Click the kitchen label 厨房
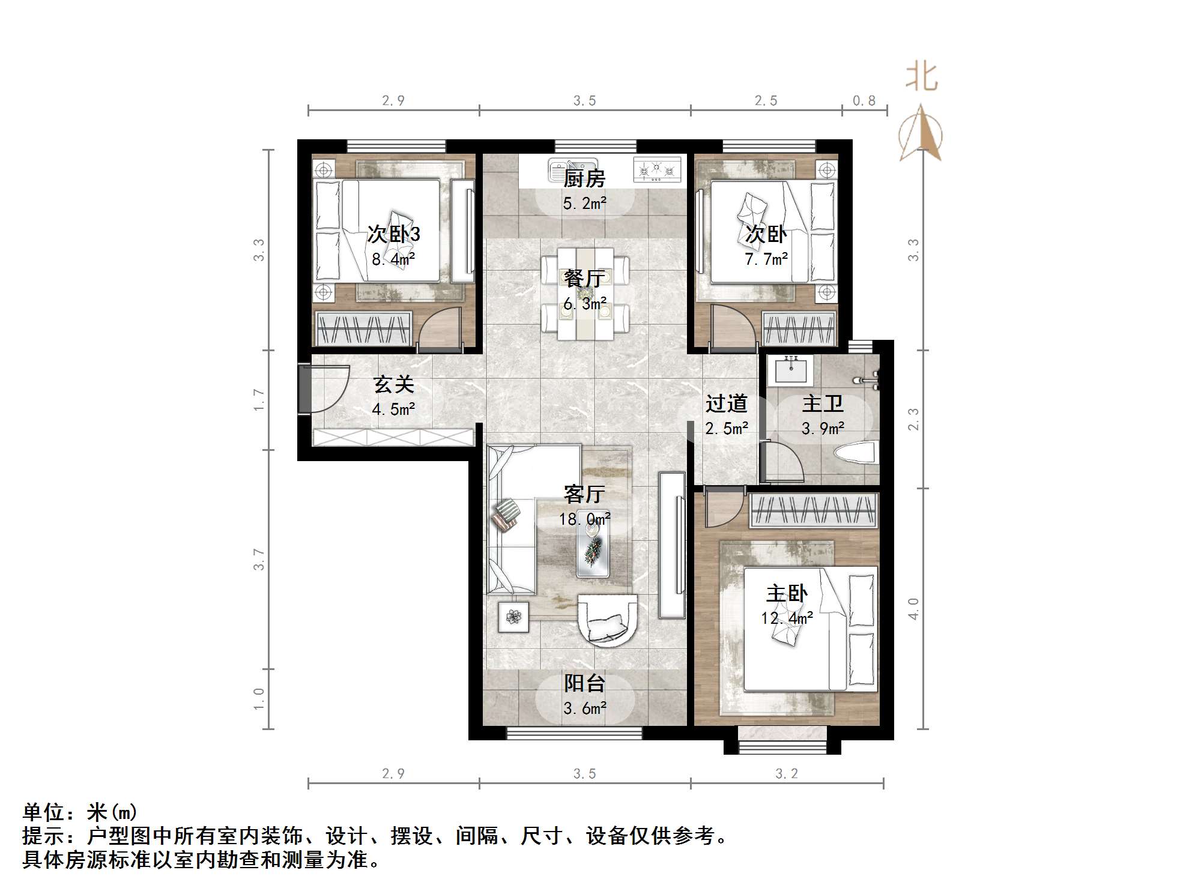point(584,179)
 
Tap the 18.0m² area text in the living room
point(584,519)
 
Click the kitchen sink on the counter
point(572,169)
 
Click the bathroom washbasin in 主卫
point(791,369)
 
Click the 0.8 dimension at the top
point(864,101)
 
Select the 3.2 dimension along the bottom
point(786,774)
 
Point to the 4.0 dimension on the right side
point(913,609)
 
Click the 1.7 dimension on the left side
point(259,399)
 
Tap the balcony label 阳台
point(584,683)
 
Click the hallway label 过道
point(726,403)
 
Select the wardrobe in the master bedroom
point(814,510)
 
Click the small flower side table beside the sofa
point(513,617)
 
